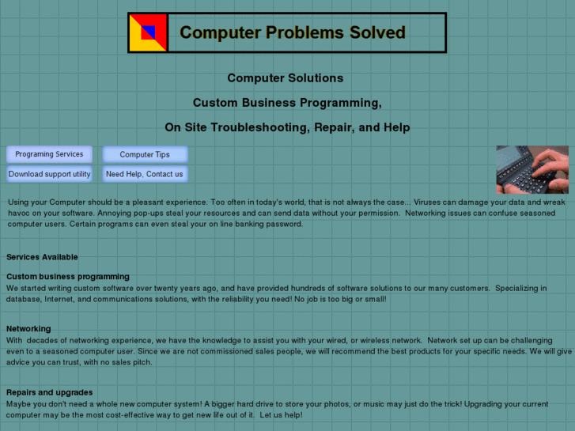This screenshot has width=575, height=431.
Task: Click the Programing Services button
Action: pos(49,154)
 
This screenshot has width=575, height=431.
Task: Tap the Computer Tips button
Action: pos(145,155)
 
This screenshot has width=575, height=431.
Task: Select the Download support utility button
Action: pos(49,174)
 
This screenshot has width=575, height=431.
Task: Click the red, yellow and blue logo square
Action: pos(148,32)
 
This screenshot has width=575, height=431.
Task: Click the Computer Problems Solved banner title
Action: pos(293,33)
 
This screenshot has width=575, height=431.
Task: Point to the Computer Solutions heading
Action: pos(285,78)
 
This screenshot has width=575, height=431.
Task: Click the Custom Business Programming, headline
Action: pos(287,103)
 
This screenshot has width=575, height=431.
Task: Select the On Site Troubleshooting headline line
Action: pos(287,127)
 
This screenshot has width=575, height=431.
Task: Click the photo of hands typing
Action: pos(531,169)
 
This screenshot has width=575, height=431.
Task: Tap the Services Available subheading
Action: pos(42,257)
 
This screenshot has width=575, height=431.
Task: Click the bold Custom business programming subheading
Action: pos(68,277)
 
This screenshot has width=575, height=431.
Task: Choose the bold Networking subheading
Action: pos(28,328)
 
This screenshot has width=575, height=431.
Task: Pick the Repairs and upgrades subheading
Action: pos(50,392)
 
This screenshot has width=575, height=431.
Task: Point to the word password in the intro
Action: pos(285,224)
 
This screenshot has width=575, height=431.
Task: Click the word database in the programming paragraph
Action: pos(24,300)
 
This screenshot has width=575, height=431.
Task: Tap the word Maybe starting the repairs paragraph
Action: pos(19,403)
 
